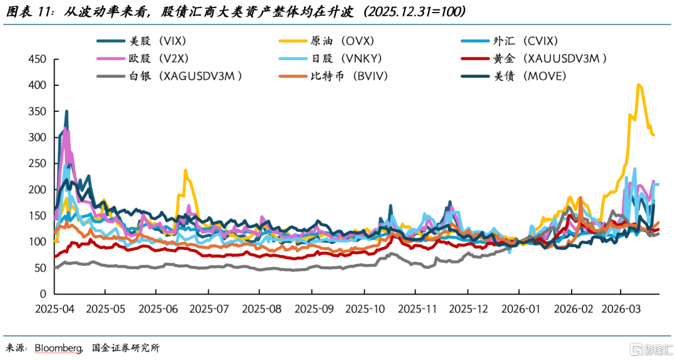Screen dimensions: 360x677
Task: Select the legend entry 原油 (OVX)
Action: click(342, 41)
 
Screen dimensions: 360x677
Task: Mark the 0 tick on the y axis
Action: click(43, 294)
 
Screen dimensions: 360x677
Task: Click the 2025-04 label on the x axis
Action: click(55, 309)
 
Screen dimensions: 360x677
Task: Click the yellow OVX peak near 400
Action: click(638, 85)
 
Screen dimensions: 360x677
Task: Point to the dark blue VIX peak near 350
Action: click(66, 112)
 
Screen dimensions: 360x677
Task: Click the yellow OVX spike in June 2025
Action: click(185, 170)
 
